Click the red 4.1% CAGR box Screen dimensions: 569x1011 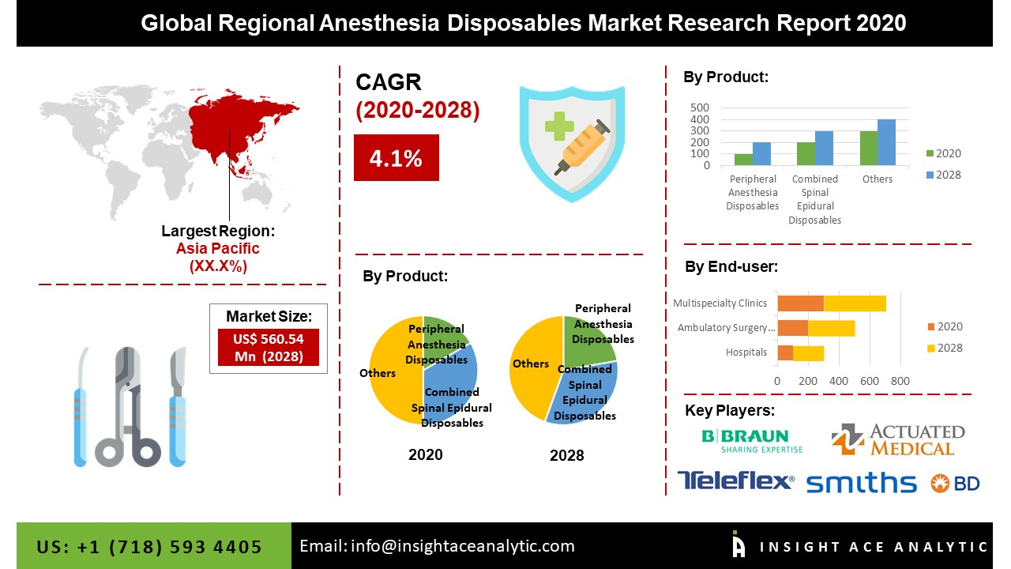396,158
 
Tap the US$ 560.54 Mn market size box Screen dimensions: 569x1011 268,348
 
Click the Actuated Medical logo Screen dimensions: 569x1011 898,440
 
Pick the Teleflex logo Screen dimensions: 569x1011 736,481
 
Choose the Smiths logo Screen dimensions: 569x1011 861,482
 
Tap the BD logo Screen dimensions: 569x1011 955,483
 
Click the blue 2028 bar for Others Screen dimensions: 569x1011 886,143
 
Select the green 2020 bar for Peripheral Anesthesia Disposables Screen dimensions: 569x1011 743,160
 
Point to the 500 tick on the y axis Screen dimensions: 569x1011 700,107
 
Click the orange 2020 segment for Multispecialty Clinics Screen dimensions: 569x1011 800,303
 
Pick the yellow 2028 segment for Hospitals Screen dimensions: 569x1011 808,352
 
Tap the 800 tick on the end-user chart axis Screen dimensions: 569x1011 900,381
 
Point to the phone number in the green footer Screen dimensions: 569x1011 149,547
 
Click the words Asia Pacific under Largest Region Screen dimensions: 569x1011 217,249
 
